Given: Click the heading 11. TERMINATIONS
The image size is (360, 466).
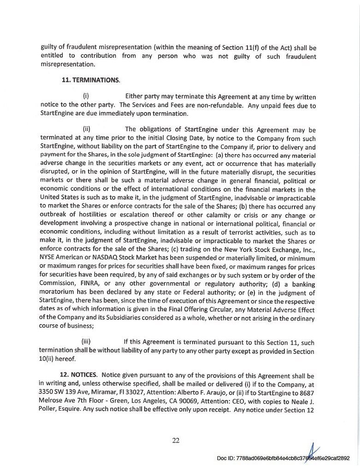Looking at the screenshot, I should tap(90, 80).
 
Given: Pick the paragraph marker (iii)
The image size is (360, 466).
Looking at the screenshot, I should tap(86, 342).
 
